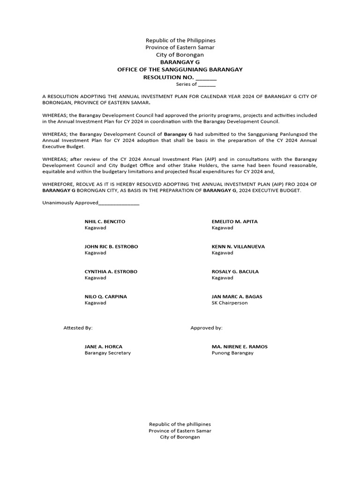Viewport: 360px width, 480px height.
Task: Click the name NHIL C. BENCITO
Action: click(105, 221)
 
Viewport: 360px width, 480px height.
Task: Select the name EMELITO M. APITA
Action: click(234, 221)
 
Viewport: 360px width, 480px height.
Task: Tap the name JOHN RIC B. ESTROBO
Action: click(111, 247)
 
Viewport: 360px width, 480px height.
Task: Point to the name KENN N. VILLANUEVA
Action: click(238, 247)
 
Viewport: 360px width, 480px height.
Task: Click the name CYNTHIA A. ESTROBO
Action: click(111, 271)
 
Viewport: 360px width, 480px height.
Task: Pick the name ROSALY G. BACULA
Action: click(235, 271)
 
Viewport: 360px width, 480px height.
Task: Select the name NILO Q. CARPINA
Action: click(105, 297)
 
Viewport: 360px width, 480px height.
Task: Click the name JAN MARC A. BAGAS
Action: click(237, 297)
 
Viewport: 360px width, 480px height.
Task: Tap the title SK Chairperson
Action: click(230, 303)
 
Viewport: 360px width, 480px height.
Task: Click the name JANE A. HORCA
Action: click(103, 346)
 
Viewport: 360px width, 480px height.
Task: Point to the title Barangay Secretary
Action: click(107, 353)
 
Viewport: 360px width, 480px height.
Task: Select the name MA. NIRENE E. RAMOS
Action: click(240, 346)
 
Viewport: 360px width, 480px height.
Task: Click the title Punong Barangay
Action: click(232, 353)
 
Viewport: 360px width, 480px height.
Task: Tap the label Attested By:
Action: click(78, 328)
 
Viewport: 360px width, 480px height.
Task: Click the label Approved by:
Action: click(206, 328)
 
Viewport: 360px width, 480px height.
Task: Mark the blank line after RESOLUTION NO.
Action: click(206, 78)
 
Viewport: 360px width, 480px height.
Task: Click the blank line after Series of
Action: click(207, 85)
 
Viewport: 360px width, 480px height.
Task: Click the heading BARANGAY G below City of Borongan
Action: click(180, 62)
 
